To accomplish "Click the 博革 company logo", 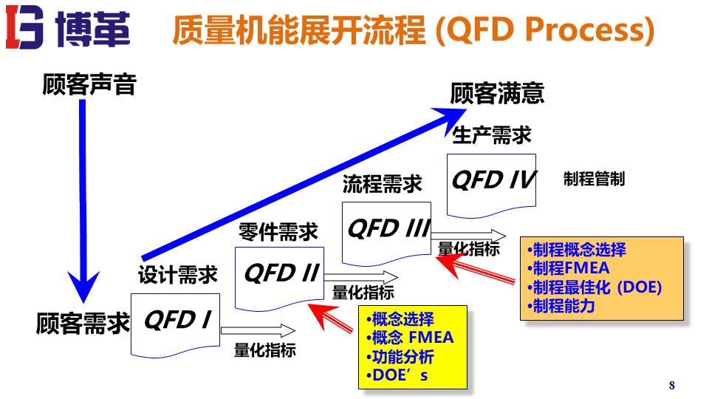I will pos(68,30).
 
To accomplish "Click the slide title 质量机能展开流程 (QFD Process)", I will pos(413,31).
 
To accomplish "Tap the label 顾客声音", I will pos(89,85).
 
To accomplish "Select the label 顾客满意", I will pos(497,93).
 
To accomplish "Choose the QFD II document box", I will pos(280,276).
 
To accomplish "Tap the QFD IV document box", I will pos(492,181).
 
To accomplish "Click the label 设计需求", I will pos(178,276).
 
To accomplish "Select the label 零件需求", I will pos(278,232).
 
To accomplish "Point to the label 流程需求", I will pos(382,184).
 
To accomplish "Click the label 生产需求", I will pos(491,135).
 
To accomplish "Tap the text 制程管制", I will pos(594,180).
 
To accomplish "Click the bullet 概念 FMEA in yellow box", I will pos(411,338).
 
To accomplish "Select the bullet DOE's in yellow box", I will pos(398,375).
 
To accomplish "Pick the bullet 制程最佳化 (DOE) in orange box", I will pos(595,287).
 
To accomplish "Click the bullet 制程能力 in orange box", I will pos(562,305).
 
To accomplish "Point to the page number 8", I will pos(671,385).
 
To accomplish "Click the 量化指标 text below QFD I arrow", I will pos(264,350).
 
